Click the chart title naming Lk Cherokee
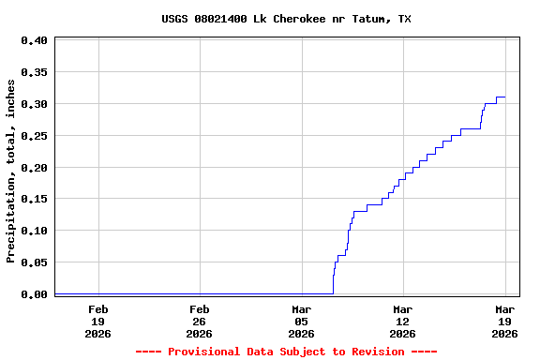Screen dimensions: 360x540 (286, 19)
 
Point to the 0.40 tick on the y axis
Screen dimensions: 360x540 (34, 40)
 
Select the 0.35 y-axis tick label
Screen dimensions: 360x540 (34, 72)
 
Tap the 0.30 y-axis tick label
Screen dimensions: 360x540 (34, 104)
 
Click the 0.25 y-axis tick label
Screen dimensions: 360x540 (34, 136)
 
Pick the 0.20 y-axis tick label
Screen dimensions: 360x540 (34, 168)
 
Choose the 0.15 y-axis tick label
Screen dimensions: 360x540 (34, 199)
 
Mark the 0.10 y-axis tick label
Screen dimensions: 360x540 (34, 231)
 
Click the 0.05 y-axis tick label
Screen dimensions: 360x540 (34, 262)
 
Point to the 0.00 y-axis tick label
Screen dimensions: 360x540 (34, 294)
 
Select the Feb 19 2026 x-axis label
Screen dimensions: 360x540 (97, 321)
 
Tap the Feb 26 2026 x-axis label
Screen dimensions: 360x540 (199, 321)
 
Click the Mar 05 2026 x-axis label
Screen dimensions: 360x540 (301, 321)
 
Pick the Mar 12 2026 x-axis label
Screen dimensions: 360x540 (402, 321)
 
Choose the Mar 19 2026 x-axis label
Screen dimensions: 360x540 (505, 321)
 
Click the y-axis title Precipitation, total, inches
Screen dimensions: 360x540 (11, 171)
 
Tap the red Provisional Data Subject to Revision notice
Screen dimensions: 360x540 (286, 352)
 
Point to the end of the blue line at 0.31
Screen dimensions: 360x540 (505, 97)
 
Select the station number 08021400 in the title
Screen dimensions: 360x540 (221, 19)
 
